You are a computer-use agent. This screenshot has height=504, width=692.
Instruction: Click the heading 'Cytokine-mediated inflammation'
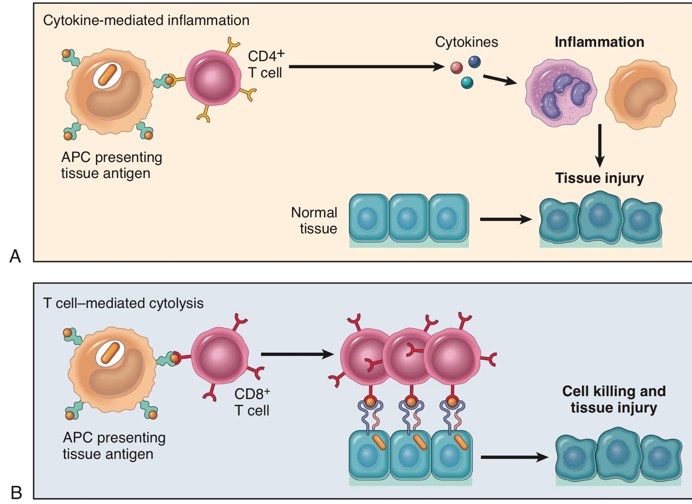146,20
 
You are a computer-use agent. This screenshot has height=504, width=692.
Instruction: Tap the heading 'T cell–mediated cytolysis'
124,303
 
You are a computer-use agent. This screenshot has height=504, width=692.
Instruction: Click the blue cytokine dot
474,62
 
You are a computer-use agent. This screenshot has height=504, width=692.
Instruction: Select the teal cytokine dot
467,83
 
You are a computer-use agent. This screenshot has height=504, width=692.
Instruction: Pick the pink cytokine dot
457,67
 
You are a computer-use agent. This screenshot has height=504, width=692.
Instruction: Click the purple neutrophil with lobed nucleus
561,92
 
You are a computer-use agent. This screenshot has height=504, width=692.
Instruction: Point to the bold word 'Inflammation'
599,42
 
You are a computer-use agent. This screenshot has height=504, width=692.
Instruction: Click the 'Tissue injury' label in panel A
599,178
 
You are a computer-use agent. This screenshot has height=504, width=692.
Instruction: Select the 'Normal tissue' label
315,220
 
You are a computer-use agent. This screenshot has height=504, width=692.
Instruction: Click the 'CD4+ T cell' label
265,64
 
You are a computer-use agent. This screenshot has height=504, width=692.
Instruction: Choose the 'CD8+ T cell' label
252,402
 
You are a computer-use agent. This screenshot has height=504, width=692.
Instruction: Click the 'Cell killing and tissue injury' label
614,399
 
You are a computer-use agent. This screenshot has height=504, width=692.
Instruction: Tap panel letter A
15,256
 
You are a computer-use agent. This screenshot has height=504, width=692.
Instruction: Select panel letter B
16,492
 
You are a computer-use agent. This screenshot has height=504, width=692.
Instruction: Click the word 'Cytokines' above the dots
466,42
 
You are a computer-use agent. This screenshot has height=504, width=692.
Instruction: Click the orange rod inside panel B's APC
111,353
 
